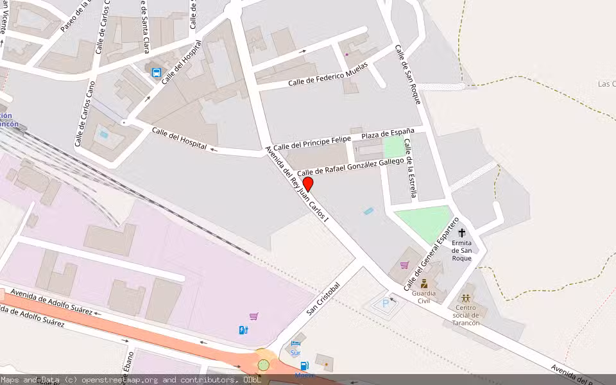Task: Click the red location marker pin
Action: pos(308,185)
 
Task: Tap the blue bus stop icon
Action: pos(157,73)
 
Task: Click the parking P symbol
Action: pos(386,304)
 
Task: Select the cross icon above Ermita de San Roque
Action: pos(461,233)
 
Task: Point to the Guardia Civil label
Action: pos(424,296)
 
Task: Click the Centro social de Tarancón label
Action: pos(466,314)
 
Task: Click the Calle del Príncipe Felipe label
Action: pos(312,142)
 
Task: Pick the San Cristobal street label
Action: pos(323,299)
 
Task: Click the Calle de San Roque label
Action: pos(408,74)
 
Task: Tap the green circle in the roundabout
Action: pos(263,365)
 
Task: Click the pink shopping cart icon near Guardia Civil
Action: pos(404,265)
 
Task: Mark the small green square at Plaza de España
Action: pos(393,147)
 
